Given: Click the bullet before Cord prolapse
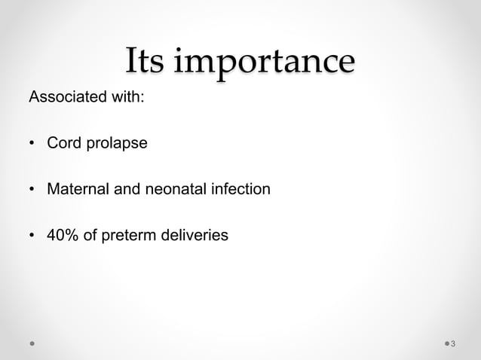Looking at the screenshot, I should click(32, 144).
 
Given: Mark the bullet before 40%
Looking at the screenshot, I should click(32, 236).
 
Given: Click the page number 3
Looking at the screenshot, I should click(453, 343).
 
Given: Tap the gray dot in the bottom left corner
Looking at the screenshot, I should click(32, 343).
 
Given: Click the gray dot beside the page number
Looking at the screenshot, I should click(444, 343).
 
